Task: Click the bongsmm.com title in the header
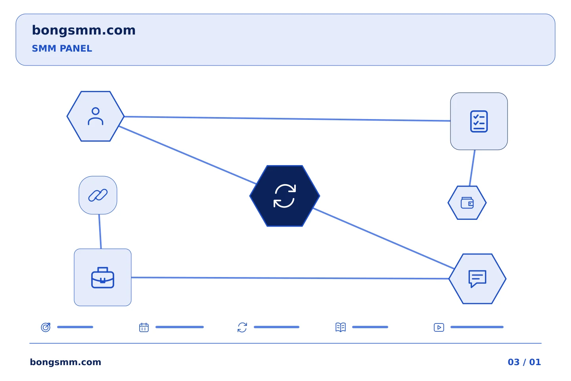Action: point(84,31)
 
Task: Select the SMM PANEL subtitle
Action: point(62,48)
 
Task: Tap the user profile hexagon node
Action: point(96,116)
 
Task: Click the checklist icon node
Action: point(479,121)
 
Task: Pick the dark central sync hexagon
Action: point(284,196)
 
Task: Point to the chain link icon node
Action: point(98,195)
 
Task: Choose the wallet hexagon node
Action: point(467,203)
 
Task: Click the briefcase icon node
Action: point(103,277)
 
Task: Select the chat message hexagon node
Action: point(477,279)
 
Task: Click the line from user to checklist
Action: point(287,119)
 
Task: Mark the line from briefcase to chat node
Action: point(290,278)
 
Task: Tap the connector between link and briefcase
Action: point(100,231)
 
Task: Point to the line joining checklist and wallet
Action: point(472,168)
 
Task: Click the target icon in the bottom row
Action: point(46,327)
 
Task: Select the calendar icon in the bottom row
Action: point(144,327)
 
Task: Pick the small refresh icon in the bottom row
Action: point(242,327)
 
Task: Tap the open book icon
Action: point(341,327)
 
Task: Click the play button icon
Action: point(439,327)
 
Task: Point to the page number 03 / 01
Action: point(524,362)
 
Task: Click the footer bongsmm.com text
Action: point(65,362)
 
